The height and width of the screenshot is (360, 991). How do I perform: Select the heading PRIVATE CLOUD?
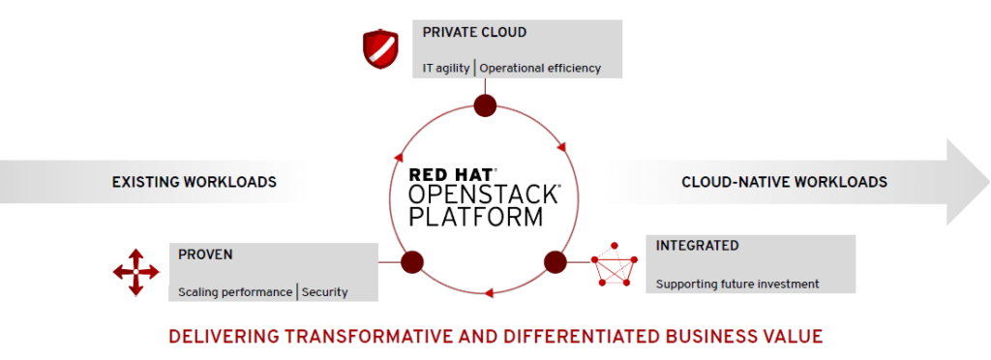[x=474, y=32]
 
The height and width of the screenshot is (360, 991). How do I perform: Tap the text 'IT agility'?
[x=445, y=68]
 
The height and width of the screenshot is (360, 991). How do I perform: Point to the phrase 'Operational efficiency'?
[x=540, y=68]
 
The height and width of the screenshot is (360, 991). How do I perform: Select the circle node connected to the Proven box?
[x=412, y=261]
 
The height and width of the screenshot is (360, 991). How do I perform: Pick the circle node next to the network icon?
[x=556, y=261]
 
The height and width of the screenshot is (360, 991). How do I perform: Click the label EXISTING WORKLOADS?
[x=194, y=181]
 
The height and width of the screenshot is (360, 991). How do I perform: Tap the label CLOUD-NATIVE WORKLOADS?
[x=784, y=181]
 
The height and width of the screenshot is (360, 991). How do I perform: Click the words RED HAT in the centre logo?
[x=450, y=175]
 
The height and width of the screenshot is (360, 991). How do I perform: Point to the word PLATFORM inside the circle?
[x=475, y=216]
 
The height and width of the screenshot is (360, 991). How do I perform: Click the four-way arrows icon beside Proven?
[x=135, y=272]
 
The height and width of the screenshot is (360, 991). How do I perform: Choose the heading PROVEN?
[x=205, y=255]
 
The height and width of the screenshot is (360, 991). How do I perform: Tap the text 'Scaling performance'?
[x=235, y=291]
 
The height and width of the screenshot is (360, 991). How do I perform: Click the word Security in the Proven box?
[x=324, y=291]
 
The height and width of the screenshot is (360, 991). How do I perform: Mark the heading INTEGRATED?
[x=697, y=246]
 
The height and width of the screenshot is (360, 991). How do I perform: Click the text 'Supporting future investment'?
[x=737, y=284]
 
